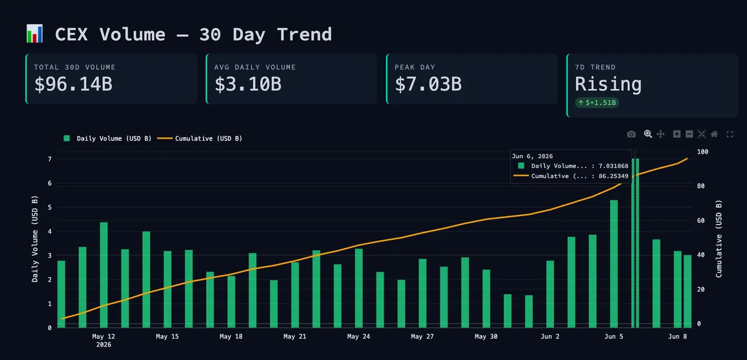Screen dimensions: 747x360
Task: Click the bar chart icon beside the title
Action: pos(35,34)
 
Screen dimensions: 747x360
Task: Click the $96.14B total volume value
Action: pos(73,84)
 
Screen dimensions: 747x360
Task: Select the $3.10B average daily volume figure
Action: pos(248,84)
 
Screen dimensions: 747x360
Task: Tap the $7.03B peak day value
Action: pos(428,84)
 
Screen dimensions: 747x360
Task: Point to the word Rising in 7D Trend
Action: pos(608,84)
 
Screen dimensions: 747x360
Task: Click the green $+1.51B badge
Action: pos(597,103)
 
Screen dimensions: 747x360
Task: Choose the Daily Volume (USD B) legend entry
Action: pos(107,138)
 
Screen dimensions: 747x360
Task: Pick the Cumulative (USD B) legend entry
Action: pos(200,138)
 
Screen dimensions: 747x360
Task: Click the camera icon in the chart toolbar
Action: pos(631,134)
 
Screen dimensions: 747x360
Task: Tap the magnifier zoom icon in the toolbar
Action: pos(647,134)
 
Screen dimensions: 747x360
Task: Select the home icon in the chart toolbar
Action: pos(715,134)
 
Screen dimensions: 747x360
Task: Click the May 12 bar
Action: pos(104,275)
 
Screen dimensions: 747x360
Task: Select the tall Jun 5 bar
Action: pos(614,264)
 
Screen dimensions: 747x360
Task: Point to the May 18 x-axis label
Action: pos(231,336)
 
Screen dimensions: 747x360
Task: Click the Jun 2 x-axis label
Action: pos(550,336)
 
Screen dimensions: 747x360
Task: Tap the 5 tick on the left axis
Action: pos(50,207)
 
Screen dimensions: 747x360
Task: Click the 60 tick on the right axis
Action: pos(701,220)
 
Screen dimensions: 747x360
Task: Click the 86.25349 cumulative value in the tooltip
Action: pos(613,176)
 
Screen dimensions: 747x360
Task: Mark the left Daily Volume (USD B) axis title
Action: pos(35,239)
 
